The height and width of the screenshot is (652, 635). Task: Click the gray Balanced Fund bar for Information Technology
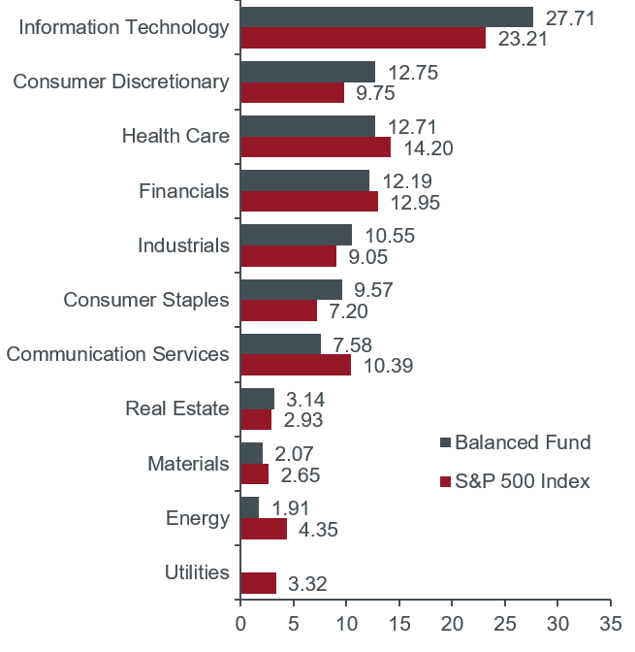tap(386, 16)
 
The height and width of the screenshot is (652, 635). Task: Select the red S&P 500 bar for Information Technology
tap(363, 38)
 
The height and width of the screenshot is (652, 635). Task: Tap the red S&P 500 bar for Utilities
tap(258, 583)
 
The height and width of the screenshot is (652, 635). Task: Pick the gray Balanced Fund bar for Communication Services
tap(280, 344)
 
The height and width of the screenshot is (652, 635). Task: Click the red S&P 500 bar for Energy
tap(264, 529)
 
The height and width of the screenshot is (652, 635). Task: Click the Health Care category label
tap(175, 136)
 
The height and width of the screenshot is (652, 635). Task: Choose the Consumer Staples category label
tap(146, 300)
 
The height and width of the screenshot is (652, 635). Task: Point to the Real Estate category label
tap(177, 408)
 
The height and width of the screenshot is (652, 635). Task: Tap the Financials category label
tap(183, 190)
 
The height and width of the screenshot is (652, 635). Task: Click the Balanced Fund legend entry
tap(523, 443)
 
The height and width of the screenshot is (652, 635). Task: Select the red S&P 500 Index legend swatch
tap(446, 482)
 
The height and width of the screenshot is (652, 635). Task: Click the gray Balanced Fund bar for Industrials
tap(296, 235)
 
